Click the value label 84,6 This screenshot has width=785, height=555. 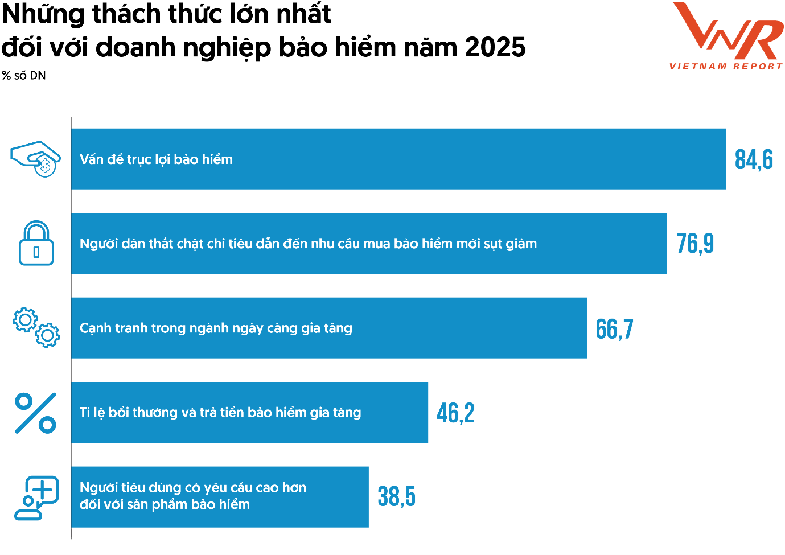click(753, 160)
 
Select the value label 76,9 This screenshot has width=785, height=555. click(694, 244)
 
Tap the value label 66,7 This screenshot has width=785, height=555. click(614, 329)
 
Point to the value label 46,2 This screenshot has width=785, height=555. click(455, 413)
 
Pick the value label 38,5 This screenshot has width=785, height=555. click(396, 497)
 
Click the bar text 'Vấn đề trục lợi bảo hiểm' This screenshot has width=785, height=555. click(156, 159)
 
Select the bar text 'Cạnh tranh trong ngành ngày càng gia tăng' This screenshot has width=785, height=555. click(216, 328)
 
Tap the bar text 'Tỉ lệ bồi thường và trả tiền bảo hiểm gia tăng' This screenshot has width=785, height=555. click(220, 413)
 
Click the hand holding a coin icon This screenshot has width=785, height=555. click(36, 159)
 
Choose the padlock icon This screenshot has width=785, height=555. click(36, 243)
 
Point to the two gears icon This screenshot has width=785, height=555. click(36, 327)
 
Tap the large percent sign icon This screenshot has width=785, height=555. click(35, 413)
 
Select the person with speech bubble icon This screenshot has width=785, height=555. click(36, 498)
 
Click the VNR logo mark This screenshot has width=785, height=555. click(728, 31)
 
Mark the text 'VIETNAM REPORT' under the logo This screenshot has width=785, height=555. click(726, 67)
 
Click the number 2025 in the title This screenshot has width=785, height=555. click(495, 47)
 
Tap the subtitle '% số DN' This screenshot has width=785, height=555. click(24, 76)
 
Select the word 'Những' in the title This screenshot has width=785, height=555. click(43, 14)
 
